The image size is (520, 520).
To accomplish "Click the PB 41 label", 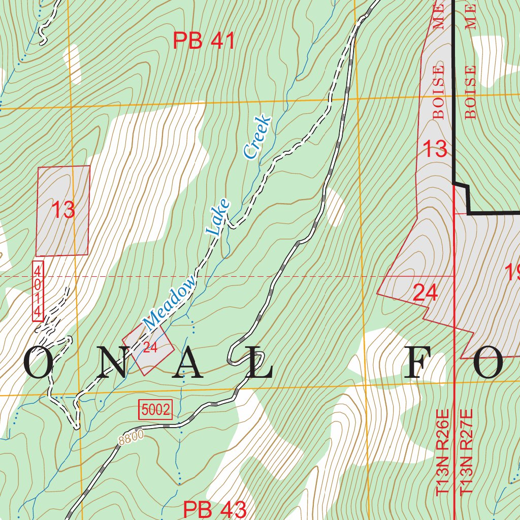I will coord(204,41).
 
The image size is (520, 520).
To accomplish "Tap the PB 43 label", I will coord(214,509).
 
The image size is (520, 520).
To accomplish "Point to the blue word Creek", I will coord(257,137).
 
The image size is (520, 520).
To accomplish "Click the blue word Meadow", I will coord(169,302).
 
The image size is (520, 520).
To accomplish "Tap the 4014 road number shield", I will coord(38,290).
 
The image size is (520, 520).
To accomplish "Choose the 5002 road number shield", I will coord(155,410).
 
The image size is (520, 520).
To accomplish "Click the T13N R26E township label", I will coord(443,453).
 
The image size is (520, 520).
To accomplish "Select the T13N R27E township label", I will coord(466,453).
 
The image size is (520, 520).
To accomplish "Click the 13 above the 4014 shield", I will coord(63,210).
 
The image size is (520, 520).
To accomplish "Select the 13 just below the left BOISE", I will coord(435,149).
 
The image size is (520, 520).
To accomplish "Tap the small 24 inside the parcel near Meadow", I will coord(150,348).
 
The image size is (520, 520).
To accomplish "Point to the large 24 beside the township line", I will coord(425,292).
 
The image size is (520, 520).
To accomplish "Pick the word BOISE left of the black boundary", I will coord(438,92).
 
